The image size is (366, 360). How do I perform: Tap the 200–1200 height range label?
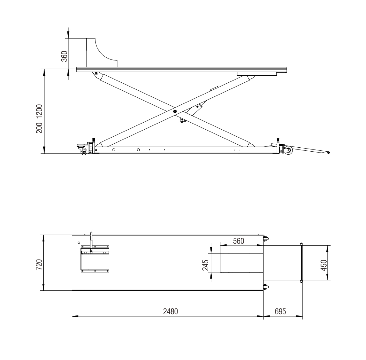click(39, 119)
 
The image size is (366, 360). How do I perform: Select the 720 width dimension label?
click(39, 265)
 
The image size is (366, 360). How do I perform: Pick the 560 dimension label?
click(239, 241)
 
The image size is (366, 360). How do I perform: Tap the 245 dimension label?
click(206, 265)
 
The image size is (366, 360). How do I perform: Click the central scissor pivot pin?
click(175, 111)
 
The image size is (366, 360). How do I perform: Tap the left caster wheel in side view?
click(84, 152)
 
